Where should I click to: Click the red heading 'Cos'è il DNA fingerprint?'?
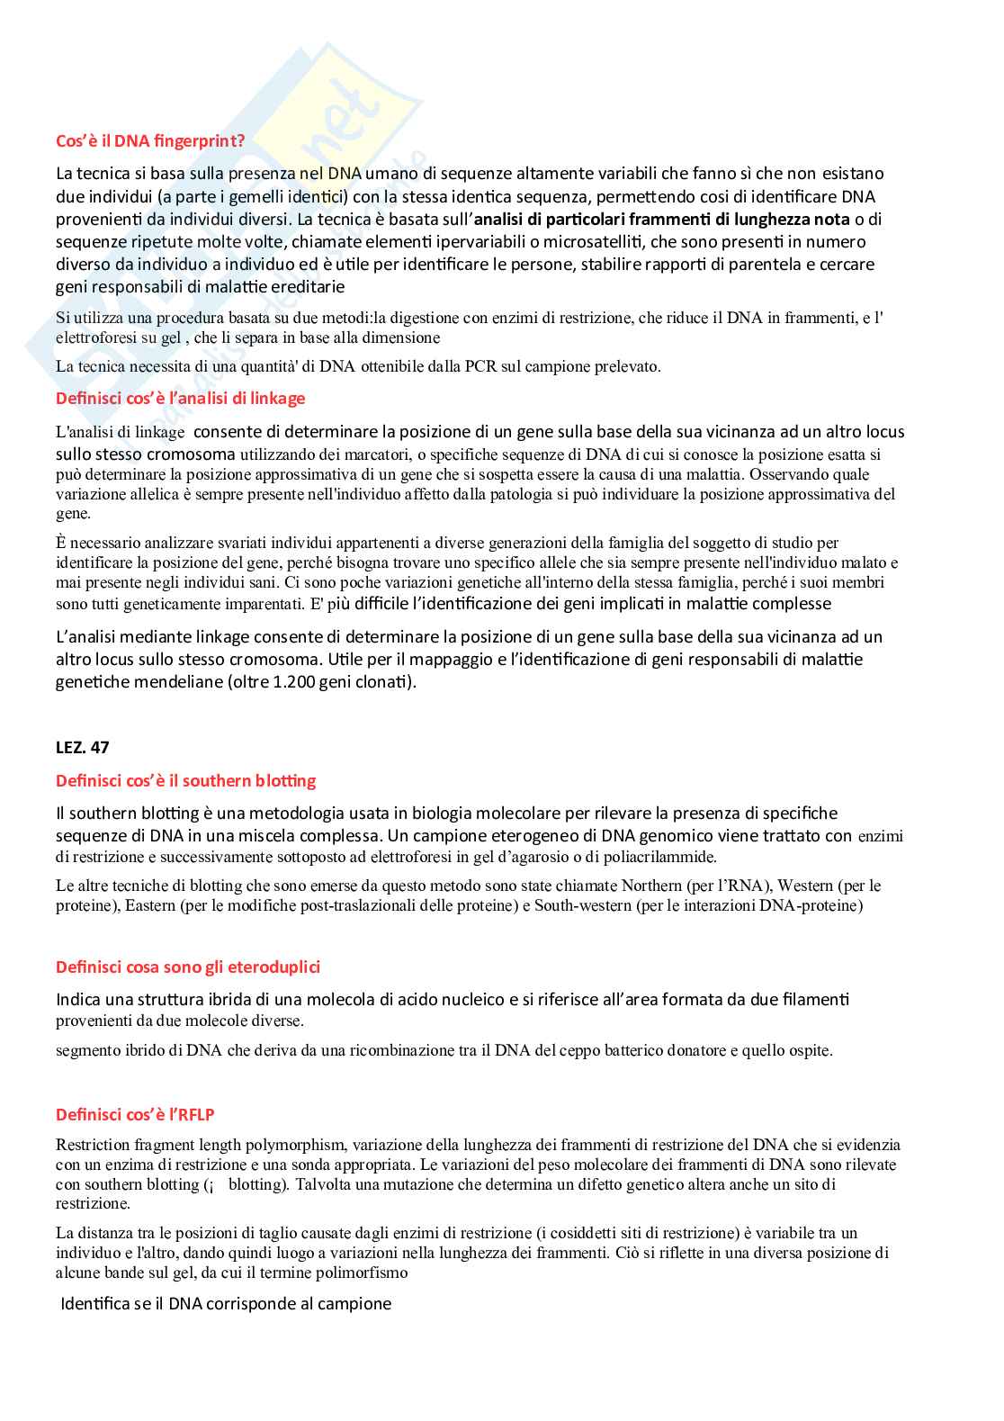149,140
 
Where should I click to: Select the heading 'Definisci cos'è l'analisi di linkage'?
180,398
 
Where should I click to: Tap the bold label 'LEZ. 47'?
82,747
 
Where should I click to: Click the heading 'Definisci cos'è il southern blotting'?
185,780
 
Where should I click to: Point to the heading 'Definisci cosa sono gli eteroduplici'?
187,967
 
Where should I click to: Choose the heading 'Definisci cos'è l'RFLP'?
135,1114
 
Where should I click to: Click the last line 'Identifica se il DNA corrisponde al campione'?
226,1303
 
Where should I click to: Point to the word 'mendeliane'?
179,681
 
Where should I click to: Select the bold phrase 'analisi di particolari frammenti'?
593,219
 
